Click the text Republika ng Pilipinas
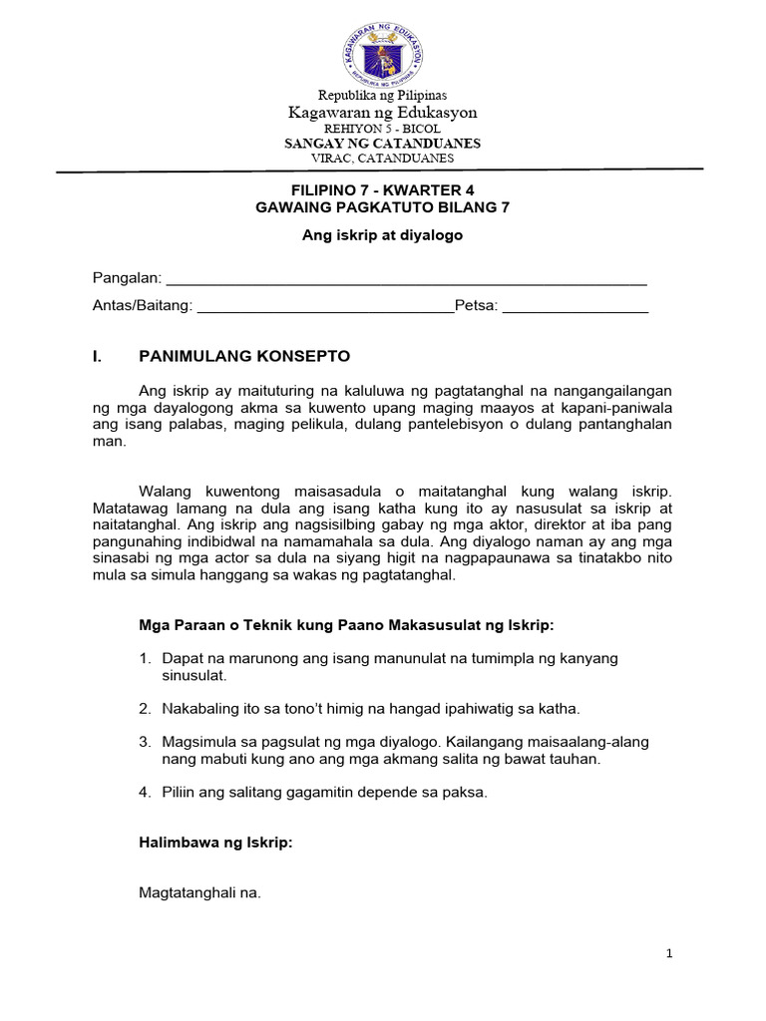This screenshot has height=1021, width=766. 383,95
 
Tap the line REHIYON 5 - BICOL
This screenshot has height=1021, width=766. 383,129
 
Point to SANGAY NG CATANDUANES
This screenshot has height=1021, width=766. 383,144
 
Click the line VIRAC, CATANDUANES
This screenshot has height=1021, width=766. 383,158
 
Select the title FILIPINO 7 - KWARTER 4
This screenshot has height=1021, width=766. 383,189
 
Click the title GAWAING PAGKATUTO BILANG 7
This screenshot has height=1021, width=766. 383,207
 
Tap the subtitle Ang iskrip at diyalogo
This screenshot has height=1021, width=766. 383,235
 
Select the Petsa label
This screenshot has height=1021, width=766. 476,306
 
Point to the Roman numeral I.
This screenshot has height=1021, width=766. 96,356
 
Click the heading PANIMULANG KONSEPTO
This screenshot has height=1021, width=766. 244,356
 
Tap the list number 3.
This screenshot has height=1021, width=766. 145,742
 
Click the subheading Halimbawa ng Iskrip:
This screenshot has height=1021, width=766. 215,843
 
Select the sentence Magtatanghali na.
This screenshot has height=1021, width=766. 199,893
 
